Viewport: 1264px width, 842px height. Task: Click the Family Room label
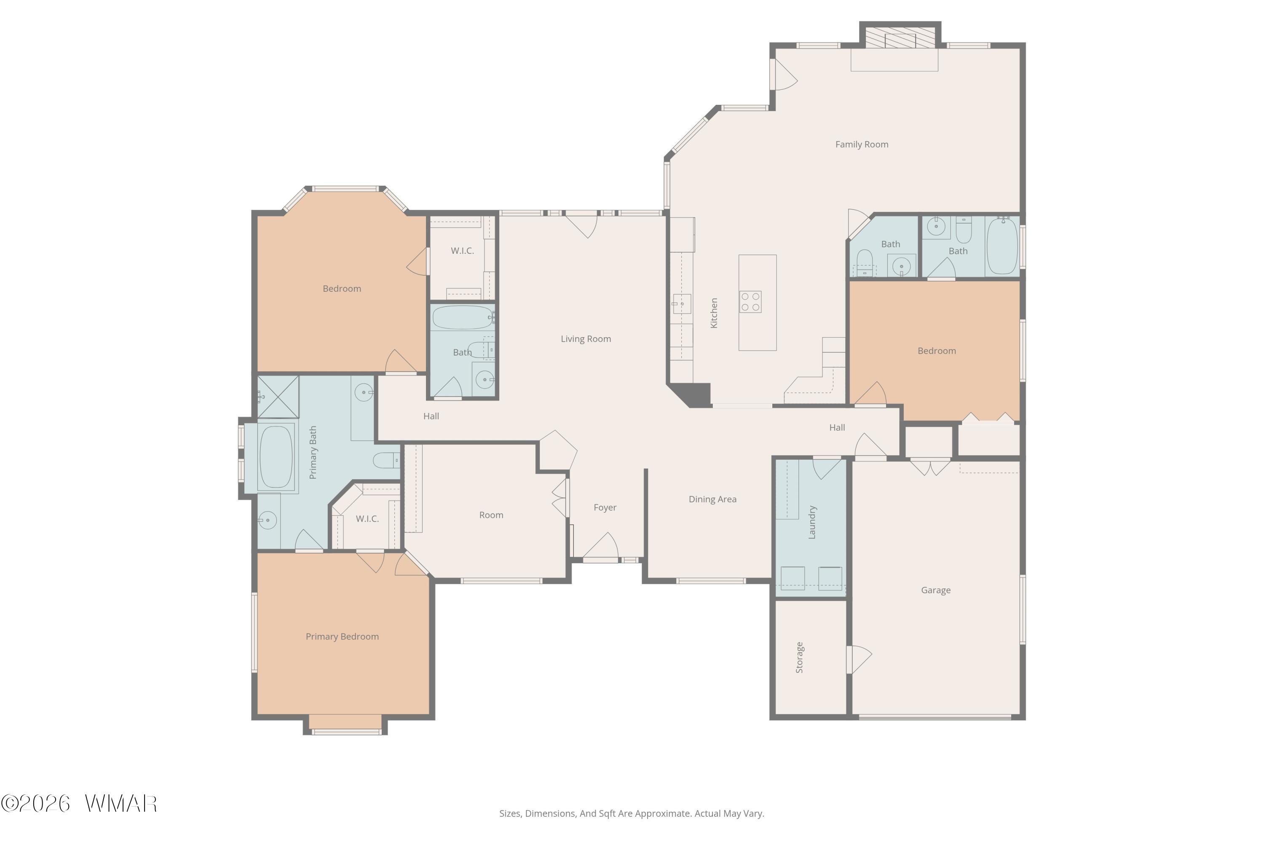tap(862, 144)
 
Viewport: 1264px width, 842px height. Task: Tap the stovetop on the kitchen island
tap(750, 302)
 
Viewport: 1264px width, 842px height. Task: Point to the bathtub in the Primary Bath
tap(276, 457)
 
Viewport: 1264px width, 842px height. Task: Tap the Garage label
tap(936, 591)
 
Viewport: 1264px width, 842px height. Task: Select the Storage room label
tap(799, 658)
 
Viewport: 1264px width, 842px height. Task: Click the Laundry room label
tap(812, 522)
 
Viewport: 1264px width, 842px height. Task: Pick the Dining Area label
tap(712, 499)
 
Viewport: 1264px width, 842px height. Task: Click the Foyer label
tap(605, 507)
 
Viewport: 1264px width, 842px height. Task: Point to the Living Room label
tap(586, 339)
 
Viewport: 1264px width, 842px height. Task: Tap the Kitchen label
tap(714, 313)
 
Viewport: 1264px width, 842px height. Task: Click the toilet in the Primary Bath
tap(386, 460)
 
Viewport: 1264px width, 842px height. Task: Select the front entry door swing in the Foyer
tap(601, 546)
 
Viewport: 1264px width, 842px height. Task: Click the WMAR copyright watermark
tap(79, 803)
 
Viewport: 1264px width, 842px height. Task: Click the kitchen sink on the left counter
tap(681, 304)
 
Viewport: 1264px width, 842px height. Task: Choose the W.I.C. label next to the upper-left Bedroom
tap(462, 251)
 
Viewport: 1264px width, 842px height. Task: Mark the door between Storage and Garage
tap(859, 659)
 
